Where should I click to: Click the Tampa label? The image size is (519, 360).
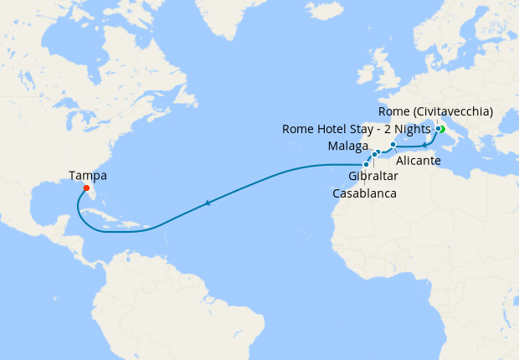point(88,176)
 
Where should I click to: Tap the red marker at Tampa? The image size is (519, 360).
point(86,188)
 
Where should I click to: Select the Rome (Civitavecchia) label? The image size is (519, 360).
point(435,111)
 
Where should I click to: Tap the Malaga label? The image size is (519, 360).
point(347,147)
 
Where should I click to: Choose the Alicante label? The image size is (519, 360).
point(418,160)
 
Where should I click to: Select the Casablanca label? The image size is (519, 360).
point(365,193)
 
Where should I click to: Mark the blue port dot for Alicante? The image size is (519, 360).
point(393,145)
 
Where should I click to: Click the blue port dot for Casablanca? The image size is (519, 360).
point(366,164)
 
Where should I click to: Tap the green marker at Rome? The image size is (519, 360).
point(441,129)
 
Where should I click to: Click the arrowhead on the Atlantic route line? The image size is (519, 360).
point(206,203)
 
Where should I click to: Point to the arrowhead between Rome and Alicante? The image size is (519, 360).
point(425,147)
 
